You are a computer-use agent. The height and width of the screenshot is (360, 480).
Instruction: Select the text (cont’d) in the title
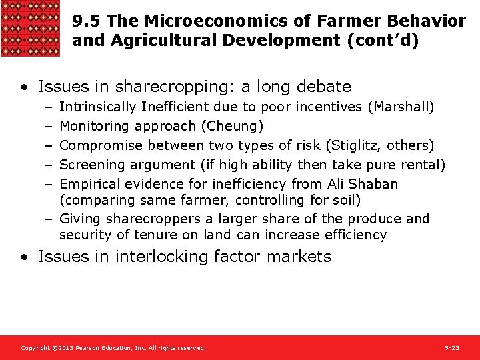tap(383, 41)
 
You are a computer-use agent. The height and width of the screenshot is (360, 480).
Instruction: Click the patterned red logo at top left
tap(31, 28)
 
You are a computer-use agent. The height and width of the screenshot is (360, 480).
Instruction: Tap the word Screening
tap(89, 165)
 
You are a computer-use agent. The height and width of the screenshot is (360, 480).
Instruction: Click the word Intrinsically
tap(97, 107)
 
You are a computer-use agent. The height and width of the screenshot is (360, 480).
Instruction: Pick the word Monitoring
tap(94, 126)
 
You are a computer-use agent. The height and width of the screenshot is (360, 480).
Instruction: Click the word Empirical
tap(89, 184)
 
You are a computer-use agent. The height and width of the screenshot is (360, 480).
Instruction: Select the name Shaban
tap(374, 184)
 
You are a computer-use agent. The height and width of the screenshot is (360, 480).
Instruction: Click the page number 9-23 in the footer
tap(451, 348)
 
